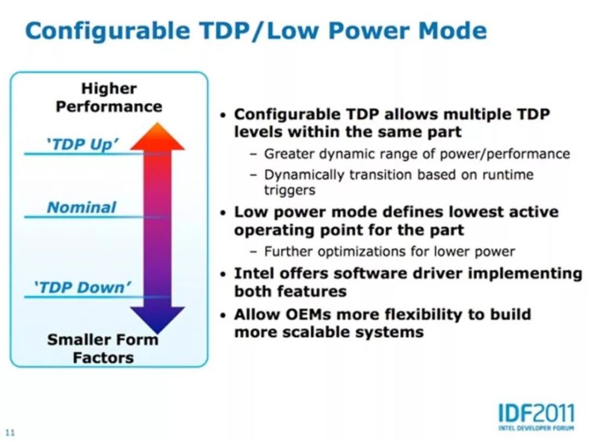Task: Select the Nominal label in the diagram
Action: click(x=81, y=207)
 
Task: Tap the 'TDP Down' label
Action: click(x=82, y=287)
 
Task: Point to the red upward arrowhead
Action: click(x=157, y=137)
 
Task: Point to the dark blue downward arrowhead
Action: click(x=157, y=318)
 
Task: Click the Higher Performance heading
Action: click(x=108, y=98)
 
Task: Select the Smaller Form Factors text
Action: click(x=103, y=349)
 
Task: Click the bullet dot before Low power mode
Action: click(x=223, y=213)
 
